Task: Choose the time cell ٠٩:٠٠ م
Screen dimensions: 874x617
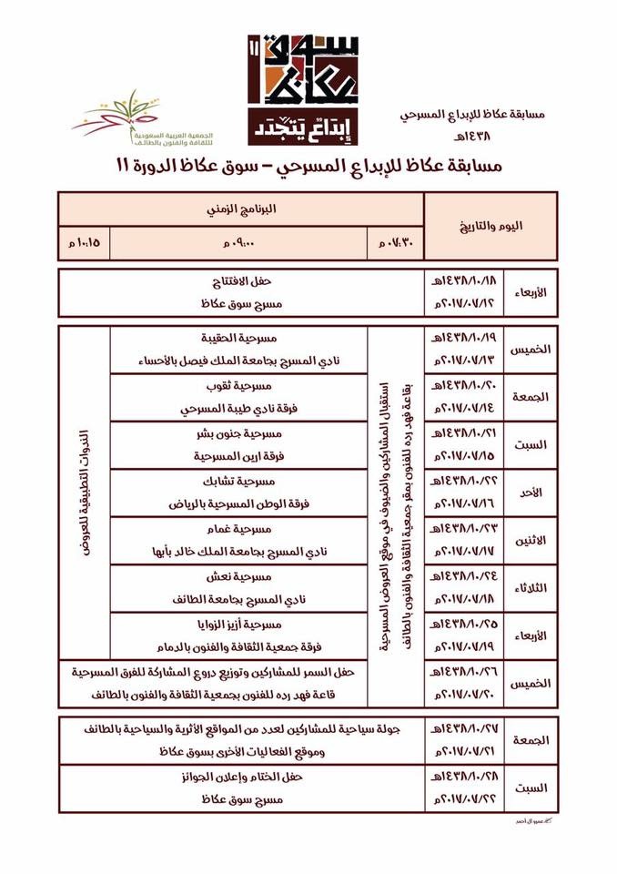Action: click(x=239, y=241)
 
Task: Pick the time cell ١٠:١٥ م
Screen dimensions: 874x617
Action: click(x=83, y=241)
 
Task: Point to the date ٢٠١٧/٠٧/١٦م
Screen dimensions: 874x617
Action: click(x=458, y=503)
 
